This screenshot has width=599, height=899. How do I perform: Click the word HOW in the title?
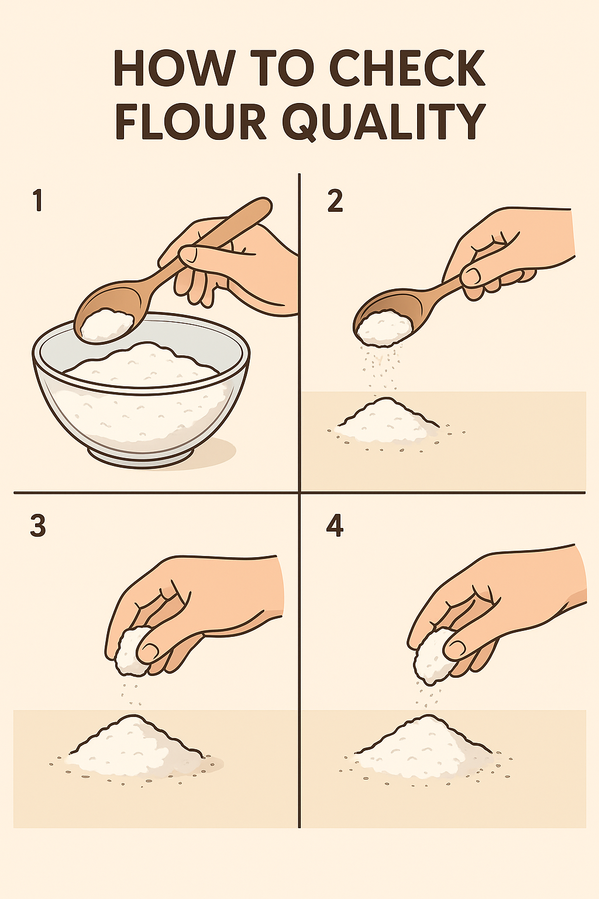tap(173, 68)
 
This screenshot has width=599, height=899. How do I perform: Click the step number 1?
tap(38, 201)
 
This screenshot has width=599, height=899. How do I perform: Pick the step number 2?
tap(335, 201)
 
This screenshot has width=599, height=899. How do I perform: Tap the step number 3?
tap(38, 526)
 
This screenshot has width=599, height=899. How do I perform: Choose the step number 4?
tap(335, 526)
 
